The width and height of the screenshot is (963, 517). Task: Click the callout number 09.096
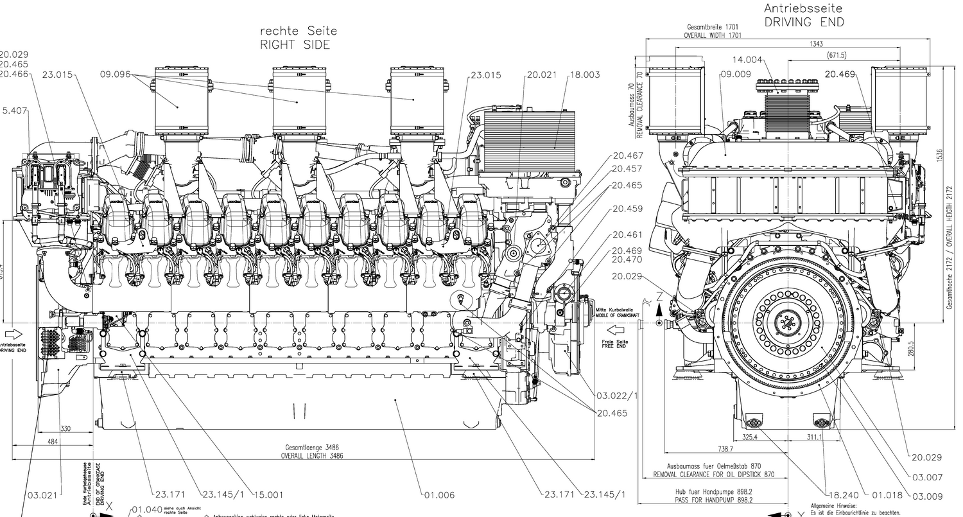116,75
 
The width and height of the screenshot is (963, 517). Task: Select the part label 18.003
584,75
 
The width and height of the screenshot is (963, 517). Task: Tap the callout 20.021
540,75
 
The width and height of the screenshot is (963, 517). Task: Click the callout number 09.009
735,74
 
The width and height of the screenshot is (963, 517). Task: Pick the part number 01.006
439,495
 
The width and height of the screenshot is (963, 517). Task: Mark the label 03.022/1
617,395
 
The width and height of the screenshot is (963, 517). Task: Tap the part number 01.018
887,495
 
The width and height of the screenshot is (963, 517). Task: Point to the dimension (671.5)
837,55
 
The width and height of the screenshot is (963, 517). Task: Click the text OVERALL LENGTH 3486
312,455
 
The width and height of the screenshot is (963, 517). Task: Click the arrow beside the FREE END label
616,330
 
